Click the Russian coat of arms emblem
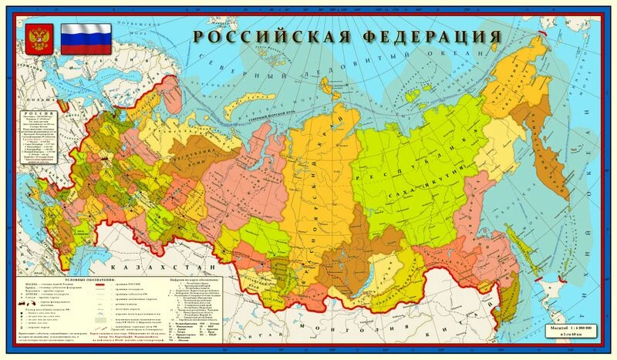[35, 38]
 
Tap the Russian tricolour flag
[86, 38]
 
